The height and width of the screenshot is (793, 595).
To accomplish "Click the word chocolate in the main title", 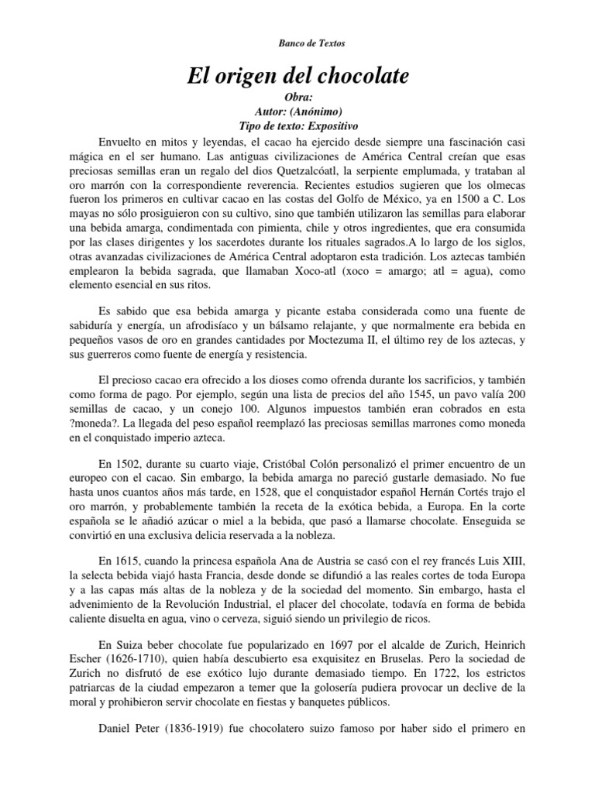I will pos(363,77).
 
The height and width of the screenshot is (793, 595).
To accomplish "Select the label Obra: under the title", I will pos(297,98).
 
